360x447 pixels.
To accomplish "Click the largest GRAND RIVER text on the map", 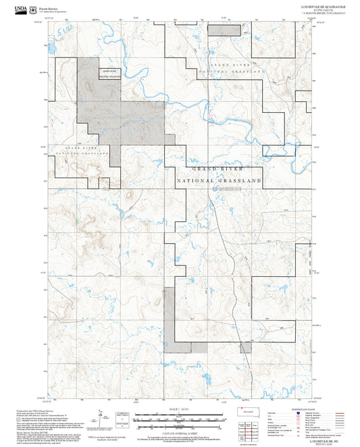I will tap(218, 169).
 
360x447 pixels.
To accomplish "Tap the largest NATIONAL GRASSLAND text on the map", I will tap(218, 182).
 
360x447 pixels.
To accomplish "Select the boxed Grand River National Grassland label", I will tap(109, 74).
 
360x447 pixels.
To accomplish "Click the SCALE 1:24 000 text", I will tap(180, 409).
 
